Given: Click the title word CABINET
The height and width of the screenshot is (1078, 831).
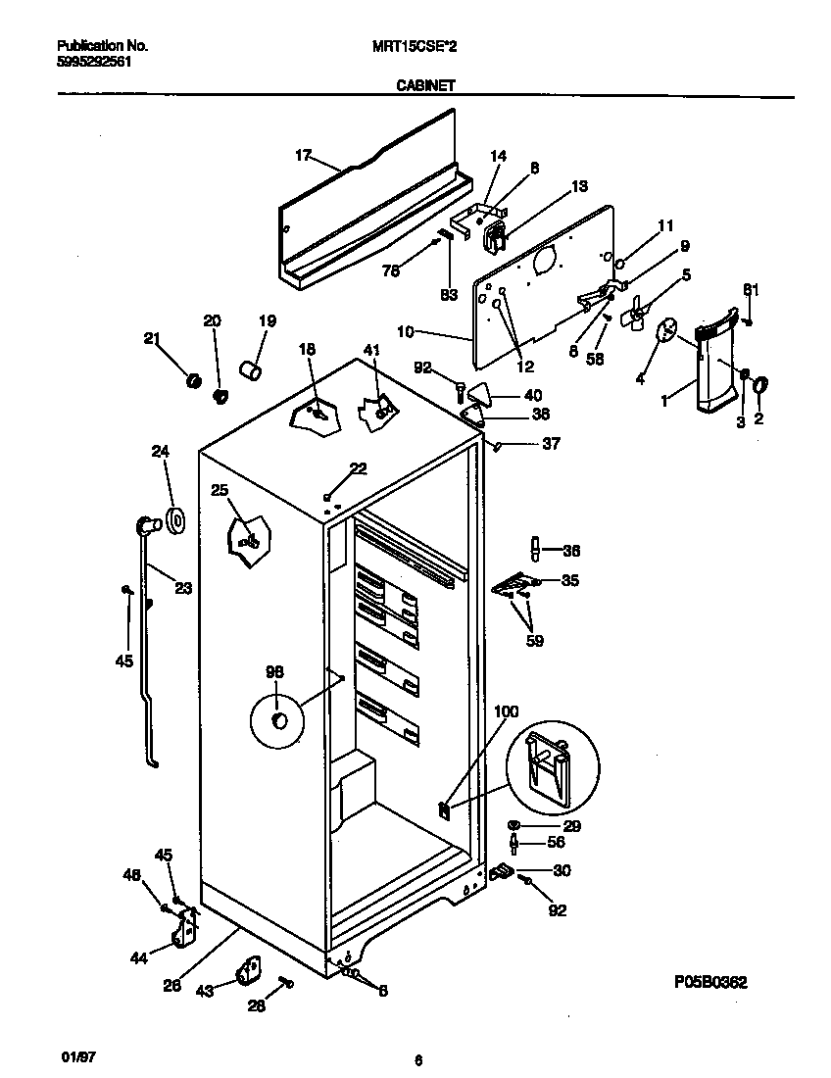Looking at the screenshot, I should coord(424,86).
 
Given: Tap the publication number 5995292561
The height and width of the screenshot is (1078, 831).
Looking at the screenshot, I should coord(93,61).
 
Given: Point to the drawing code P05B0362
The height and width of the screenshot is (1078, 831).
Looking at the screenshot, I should coord(717,981).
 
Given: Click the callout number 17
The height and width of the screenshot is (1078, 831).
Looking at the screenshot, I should coord(303,155).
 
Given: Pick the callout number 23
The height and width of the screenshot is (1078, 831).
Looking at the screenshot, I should coord(183,588).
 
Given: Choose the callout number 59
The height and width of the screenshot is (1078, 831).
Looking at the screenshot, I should coord(535,642).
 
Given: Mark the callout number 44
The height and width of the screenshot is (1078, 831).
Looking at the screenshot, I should coord(138,956).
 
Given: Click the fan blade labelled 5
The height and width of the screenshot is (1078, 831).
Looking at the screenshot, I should coord(636,316).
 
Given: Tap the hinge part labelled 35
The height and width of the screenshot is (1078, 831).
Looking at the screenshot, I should coord(510,584).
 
